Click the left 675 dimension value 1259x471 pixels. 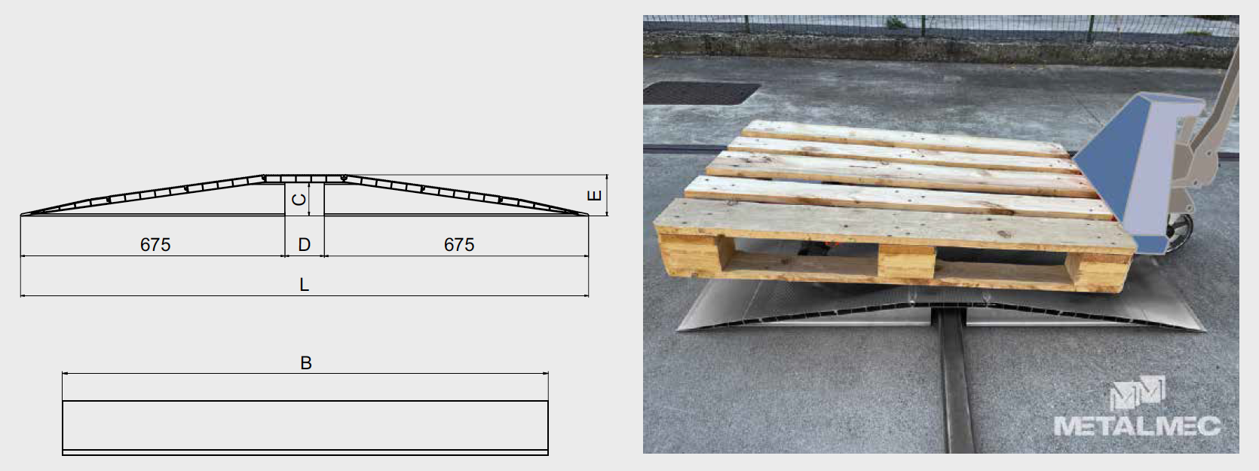[155, 244]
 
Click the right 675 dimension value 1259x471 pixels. [458, 244]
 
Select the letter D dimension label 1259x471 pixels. [304, 244]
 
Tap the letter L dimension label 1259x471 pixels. [304, 284]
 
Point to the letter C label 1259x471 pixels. [299, 200]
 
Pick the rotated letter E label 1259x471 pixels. [594, 195]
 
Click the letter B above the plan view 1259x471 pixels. [306, 363]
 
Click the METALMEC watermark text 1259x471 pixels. [1137, 426]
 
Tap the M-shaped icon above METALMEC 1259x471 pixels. [1137, 393]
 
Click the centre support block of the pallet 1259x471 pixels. [907, 262]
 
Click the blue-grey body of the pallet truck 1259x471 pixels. [1135, 169]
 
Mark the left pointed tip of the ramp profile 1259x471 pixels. [21, 215]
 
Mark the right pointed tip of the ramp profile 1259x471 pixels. [589, 215]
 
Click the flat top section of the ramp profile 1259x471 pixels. [304, 178]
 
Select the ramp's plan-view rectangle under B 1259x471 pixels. [305, 428]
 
